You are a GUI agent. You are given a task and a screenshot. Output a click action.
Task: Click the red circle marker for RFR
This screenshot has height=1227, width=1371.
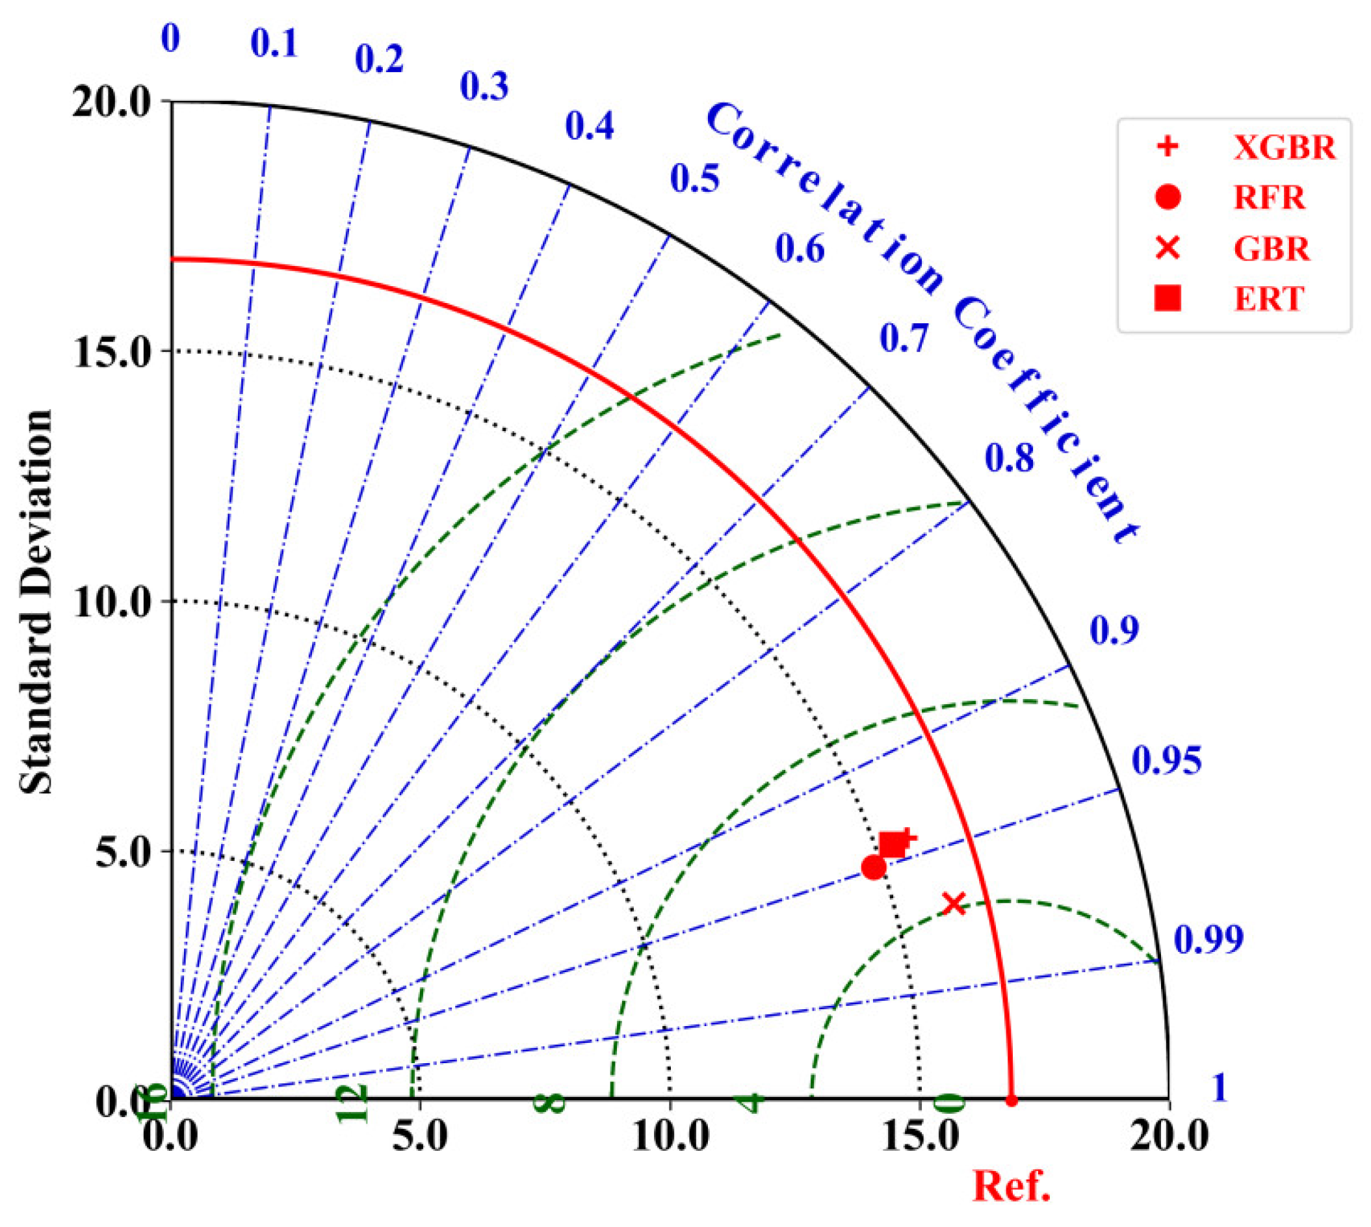(x=874, y=867)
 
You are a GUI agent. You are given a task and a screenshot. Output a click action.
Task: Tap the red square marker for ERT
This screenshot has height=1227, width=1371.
(x=893, y=844)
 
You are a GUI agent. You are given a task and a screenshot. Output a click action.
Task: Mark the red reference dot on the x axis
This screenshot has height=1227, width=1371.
(x=1011, y=1101)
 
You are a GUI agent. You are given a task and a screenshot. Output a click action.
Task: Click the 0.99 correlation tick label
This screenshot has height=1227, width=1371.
(x=1208, y=939)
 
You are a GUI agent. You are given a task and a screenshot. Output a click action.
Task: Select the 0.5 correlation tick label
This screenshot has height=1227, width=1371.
(x=695, y=178)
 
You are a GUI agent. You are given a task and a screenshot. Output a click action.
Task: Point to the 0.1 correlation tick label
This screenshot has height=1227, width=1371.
(x=274, y=44)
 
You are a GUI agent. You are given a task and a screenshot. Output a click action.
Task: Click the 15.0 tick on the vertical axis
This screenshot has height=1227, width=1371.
(x=111, y=351)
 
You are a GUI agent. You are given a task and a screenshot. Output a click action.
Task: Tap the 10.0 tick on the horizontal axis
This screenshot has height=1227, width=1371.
(x=671, y=1137)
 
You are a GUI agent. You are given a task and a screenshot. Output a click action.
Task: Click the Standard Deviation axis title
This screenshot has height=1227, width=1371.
(x=35, y=601)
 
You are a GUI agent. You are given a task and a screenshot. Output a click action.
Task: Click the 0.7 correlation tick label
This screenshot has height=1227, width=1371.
(x=904, y=337)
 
